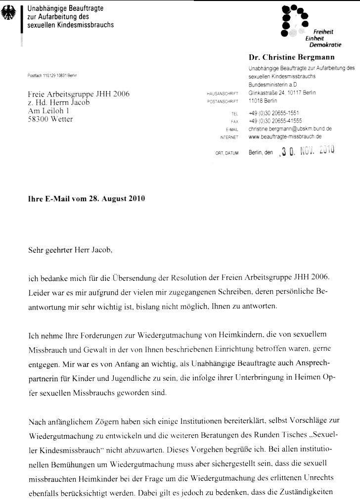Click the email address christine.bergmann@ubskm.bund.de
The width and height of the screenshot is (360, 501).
pos(290,128)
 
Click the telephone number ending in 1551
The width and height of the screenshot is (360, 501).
pos(280,113)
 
